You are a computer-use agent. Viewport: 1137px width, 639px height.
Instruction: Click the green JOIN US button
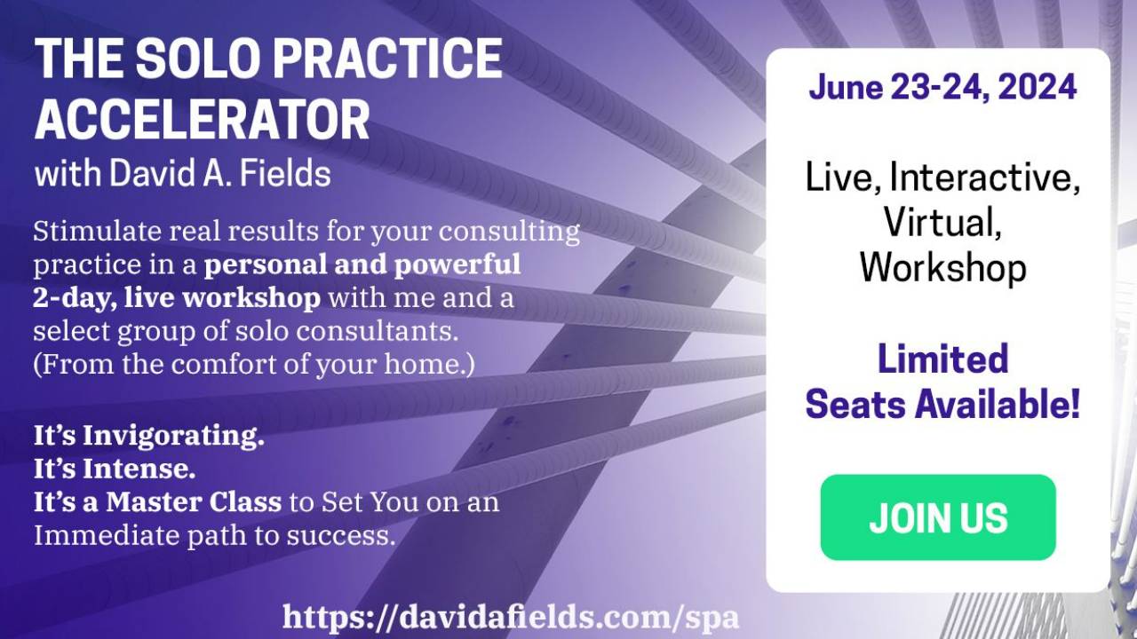tap(937, 517)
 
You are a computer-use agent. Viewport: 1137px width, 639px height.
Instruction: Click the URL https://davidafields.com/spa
tap(511, 616)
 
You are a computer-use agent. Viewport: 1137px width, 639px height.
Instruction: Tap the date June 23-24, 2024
tap(942, 88)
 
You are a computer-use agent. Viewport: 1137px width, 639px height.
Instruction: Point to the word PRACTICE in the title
tap(392, 59)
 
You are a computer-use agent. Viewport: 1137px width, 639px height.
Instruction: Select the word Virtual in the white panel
tap(942, 222)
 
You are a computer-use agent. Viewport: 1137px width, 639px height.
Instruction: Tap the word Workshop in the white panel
tap(942, 267)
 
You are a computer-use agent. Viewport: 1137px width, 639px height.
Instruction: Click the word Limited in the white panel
tap(942, 359)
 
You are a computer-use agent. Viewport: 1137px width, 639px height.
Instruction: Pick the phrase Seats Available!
tap(942, 405)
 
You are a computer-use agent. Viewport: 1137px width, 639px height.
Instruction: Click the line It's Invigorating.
tap(149, 437)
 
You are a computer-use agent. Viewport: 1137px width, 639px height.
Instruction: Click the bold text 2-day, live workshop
tap(177, 298)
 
